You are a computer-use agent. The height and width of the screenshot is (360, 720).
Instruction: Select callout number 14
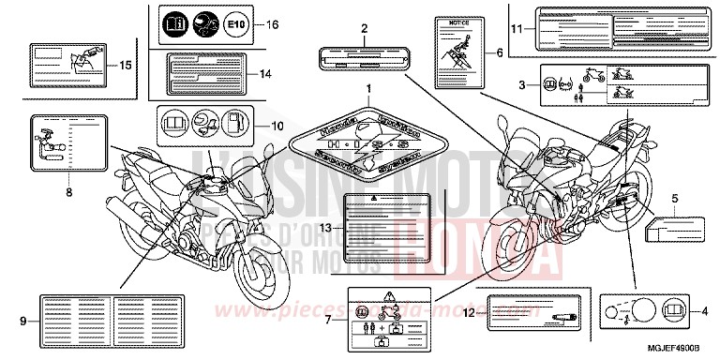click(x=266, y=73)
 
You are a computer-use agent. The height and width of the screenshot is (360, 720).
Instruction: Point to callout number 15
click(x=126, y=65)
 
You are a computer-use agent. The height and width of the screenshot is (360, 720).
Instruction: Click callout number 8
click(x=68, y=193)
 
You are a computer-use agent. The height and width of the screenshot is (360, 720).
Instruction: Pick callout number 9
click(x=22, y=321)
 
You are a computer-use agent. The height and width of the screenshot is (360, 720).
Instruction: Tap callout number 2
click(x=362, y=30)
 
